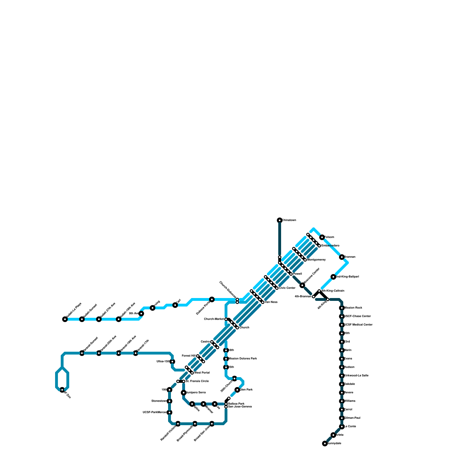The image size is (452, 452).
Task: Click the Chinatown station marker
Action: coord(280,220)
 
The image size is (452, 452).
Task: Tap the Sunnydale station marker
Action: coord(325,444)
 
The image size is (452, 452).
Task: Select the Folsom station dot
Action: coord(322,237)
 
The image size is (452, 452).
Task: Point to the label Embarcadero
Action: coord(330,246)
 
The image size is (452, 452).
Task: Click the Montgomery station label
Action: coord(316,260)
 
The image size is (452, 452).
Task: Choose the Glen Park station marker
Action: coord(237,390)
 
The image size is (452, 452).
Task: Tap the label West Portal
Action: coord(202,373)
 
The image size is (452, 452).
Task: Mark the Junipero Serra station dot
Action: coord(184,393)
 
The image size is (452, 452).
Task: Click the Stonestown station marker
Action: coord(169,401)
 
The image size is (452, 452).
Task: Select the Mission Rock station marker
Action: coord(342,308)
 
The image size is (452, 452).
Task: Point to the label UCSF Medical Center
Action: coord(358,325)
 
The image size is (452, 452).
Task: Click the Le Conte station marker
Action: coord(342,427)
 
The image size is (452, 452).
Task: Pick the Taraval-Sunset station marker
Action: coord(82,353)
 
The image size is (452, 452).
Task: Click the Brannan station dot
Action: coord(342,257)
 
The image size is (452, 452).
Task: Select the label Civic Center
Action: coord(287,288)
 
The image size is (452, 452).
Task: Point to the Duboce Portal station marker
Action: coord(212,299)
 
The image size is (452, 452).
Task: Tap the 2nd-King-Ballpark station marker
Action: coord(333,277)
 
